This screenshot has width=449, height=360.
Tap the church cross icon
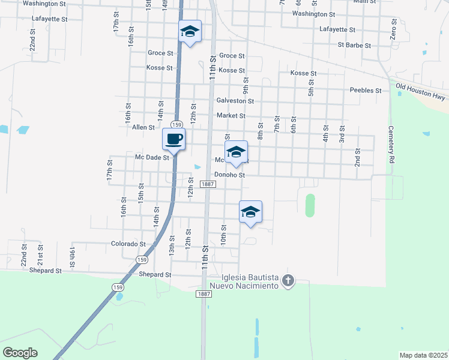coord(288,281)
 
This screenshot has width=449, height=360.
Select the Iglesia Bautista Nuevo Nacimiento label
coord(249,281)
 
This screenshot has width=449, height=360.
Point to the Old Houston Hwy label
coord(421,91)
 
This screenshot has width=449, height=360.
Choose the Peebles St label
coord(366,91)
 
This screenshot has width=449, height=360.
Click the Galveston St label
coord(235,101)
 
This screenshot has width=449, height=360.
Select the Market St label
coord(231,116)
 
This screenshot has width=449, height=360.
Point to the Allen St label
coord(143,127)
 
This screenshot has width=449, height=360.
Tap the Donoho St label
coord(231,175)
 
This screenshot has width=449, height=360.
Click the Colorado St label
coord(128,244)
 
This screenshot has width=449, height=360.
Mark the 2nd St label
coord(357,157)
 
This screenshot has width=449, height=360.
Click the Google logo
coord(20,353)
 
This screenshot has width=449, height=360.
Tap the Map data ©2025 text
coord(423,355)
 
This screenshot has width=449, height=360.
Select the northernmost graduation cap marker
coord(190,32)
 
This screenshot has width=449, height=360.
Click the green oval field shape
coord(310,205)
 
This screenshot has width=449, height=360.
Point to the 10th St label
coord(223,233)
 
